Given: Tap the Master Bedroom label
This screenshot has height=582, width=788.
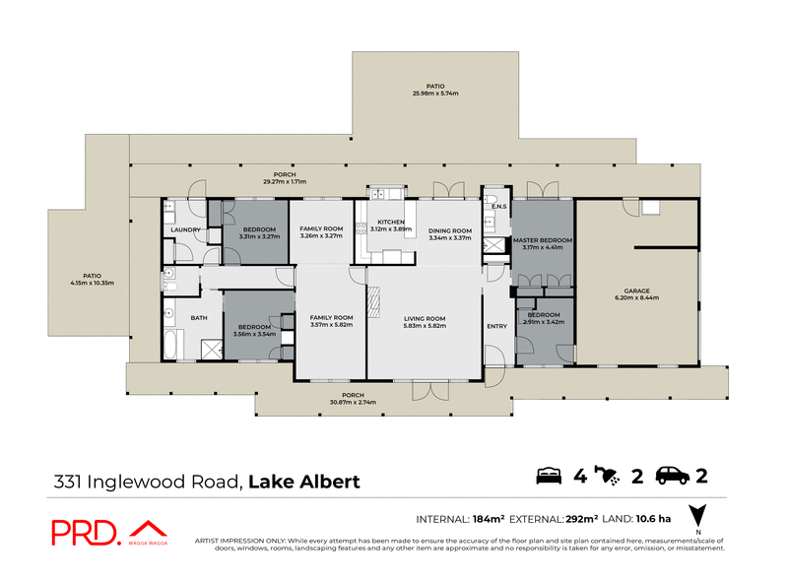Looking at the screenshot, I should click(542, 240).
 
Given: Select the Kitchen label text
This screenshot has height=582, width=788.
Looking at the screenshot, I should click(391, 223).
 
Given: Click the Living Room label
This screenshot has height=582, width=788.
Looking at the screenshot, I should click(425, 318).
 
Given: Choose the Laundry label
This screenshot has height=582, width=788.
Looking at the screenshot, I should click(185, 230).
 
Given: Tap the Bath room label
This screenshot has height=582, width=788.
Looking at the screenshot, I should click(199, 318).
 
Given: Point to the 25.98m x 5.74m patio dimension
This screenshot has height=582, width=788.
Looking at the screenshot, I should click(435, 94).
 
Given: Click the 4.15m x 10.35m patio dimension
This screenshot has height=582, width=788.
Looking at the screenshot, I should click(93, 283).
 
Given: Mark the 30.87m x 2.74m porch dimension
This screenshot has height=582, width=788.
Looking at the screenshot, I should click(354, 402).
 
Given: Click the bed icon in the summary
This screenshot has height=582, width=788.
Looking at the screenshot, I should click(549, 478).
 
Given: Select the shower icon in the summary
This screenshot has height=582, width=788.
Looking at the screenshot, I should click(611, 478).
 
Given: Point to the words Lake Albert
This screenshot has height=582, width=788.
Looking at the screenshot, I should click(303, 482).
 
